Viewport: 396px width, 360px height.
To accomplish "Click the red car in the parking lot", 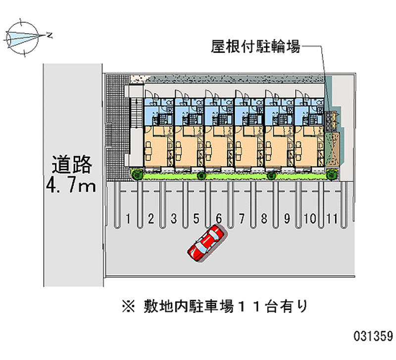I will click(x=206, y=242).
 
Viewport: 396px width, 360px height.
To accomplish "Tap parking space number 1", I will click(x=128, y=218).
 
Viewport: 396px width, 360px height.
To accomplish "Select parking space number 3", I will click(x=174, y=218).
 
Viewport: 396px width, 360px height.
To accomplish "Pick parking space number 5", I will click(x=197, y=218).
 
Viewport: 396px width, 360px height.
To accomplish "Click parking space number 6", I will click(x=219, y=218).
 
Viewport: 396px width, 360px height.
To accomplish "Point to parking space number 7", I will click(x=241, y=218).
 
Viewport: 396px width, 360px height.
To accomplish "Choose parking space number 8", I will click(x=264, y=218).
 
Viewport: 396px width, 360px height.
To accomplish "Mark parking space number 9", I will click(x=287, y=218).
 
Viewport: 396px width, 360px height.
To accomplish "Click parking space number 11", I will click(x=332, y=218).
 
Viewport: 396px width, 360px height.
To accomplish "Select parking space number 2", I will click(x=151, y=218).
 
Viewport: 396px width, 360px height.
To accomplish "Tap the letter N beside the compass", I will click(x=49, y=34).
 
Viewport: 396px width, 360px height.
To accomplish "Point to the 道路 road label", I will click(x=72, y=163).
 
